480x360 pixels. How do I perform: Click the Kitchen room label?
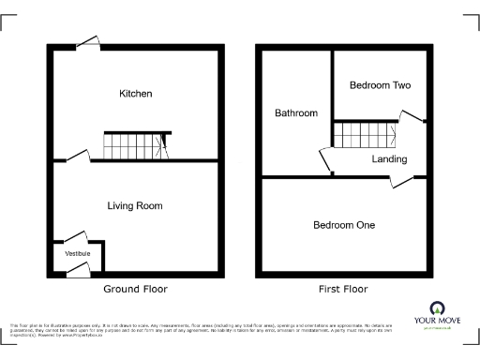135,94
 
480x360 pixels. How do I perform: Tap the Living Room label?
135,205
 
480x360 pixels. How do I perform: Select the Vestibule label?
77,254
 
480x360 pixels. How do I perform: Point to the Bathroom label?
295,113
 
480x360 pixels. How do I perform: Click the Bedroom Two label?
380,85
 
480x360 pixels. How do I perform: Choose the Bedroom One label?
344,225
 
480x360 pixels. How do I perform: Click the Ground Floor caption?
135,289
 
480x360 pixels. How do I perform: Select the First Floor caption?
343,289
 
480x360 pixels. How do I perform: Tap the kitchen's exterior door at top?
89,41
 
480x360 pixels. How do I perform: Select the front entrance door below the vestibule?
77,270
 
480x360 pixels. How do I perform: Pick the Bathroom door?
327,159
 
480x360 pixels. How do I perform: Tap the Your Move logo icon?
436,307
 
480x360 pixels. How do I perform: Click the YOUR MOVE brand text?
436,321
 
